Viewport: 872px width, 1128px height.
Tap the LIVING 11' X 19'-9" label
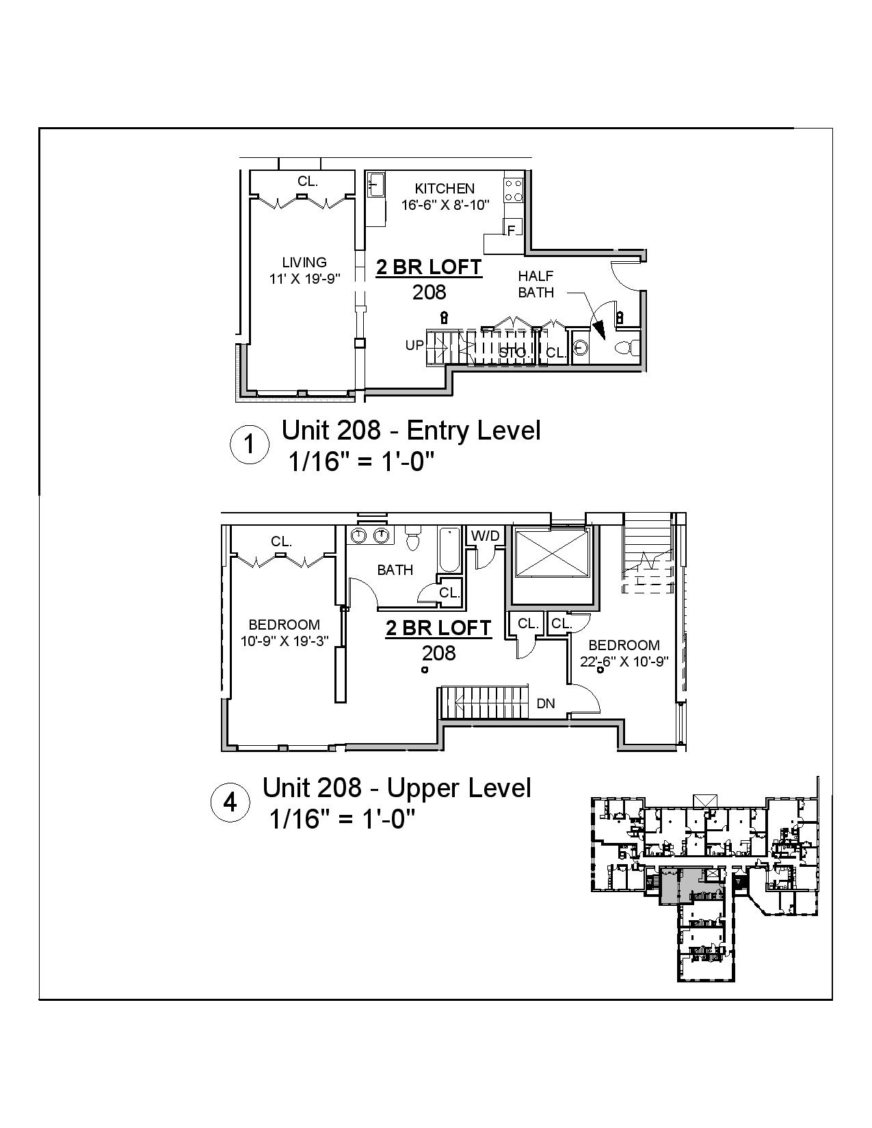click(x=304, y=270)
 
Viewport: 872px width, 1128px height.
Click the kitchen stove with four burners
click(x=514, y=189)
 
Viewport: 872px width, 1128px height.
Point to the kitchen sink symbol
click(x=375, y=185)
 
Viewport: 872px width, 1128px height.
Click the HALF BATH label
click(x=536, y=284)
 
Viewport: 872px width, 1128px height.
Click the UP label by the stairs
click(x=414, y=345)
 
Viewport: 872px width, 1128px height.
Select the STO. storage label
click(x=513, y=353)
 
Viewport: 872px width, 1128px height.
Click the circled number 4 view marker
click(x=230, y=803)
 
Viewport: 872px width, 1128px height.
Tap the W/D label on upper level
click(x=486, y=536)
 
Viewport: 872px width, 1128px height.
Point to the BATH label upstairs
click(x=395, y=569)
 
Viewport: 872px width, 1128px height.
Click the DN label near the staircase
click(x=545, y=703)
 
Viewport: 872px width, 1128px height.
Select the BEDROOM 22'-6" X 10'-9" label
click(x=624, y=654)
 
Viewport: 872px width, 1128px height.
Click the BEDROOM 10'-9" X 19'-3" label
click(x=284, y=632)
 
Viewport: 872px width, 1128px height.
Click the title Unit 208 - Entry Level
click(x=411, y=431)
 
